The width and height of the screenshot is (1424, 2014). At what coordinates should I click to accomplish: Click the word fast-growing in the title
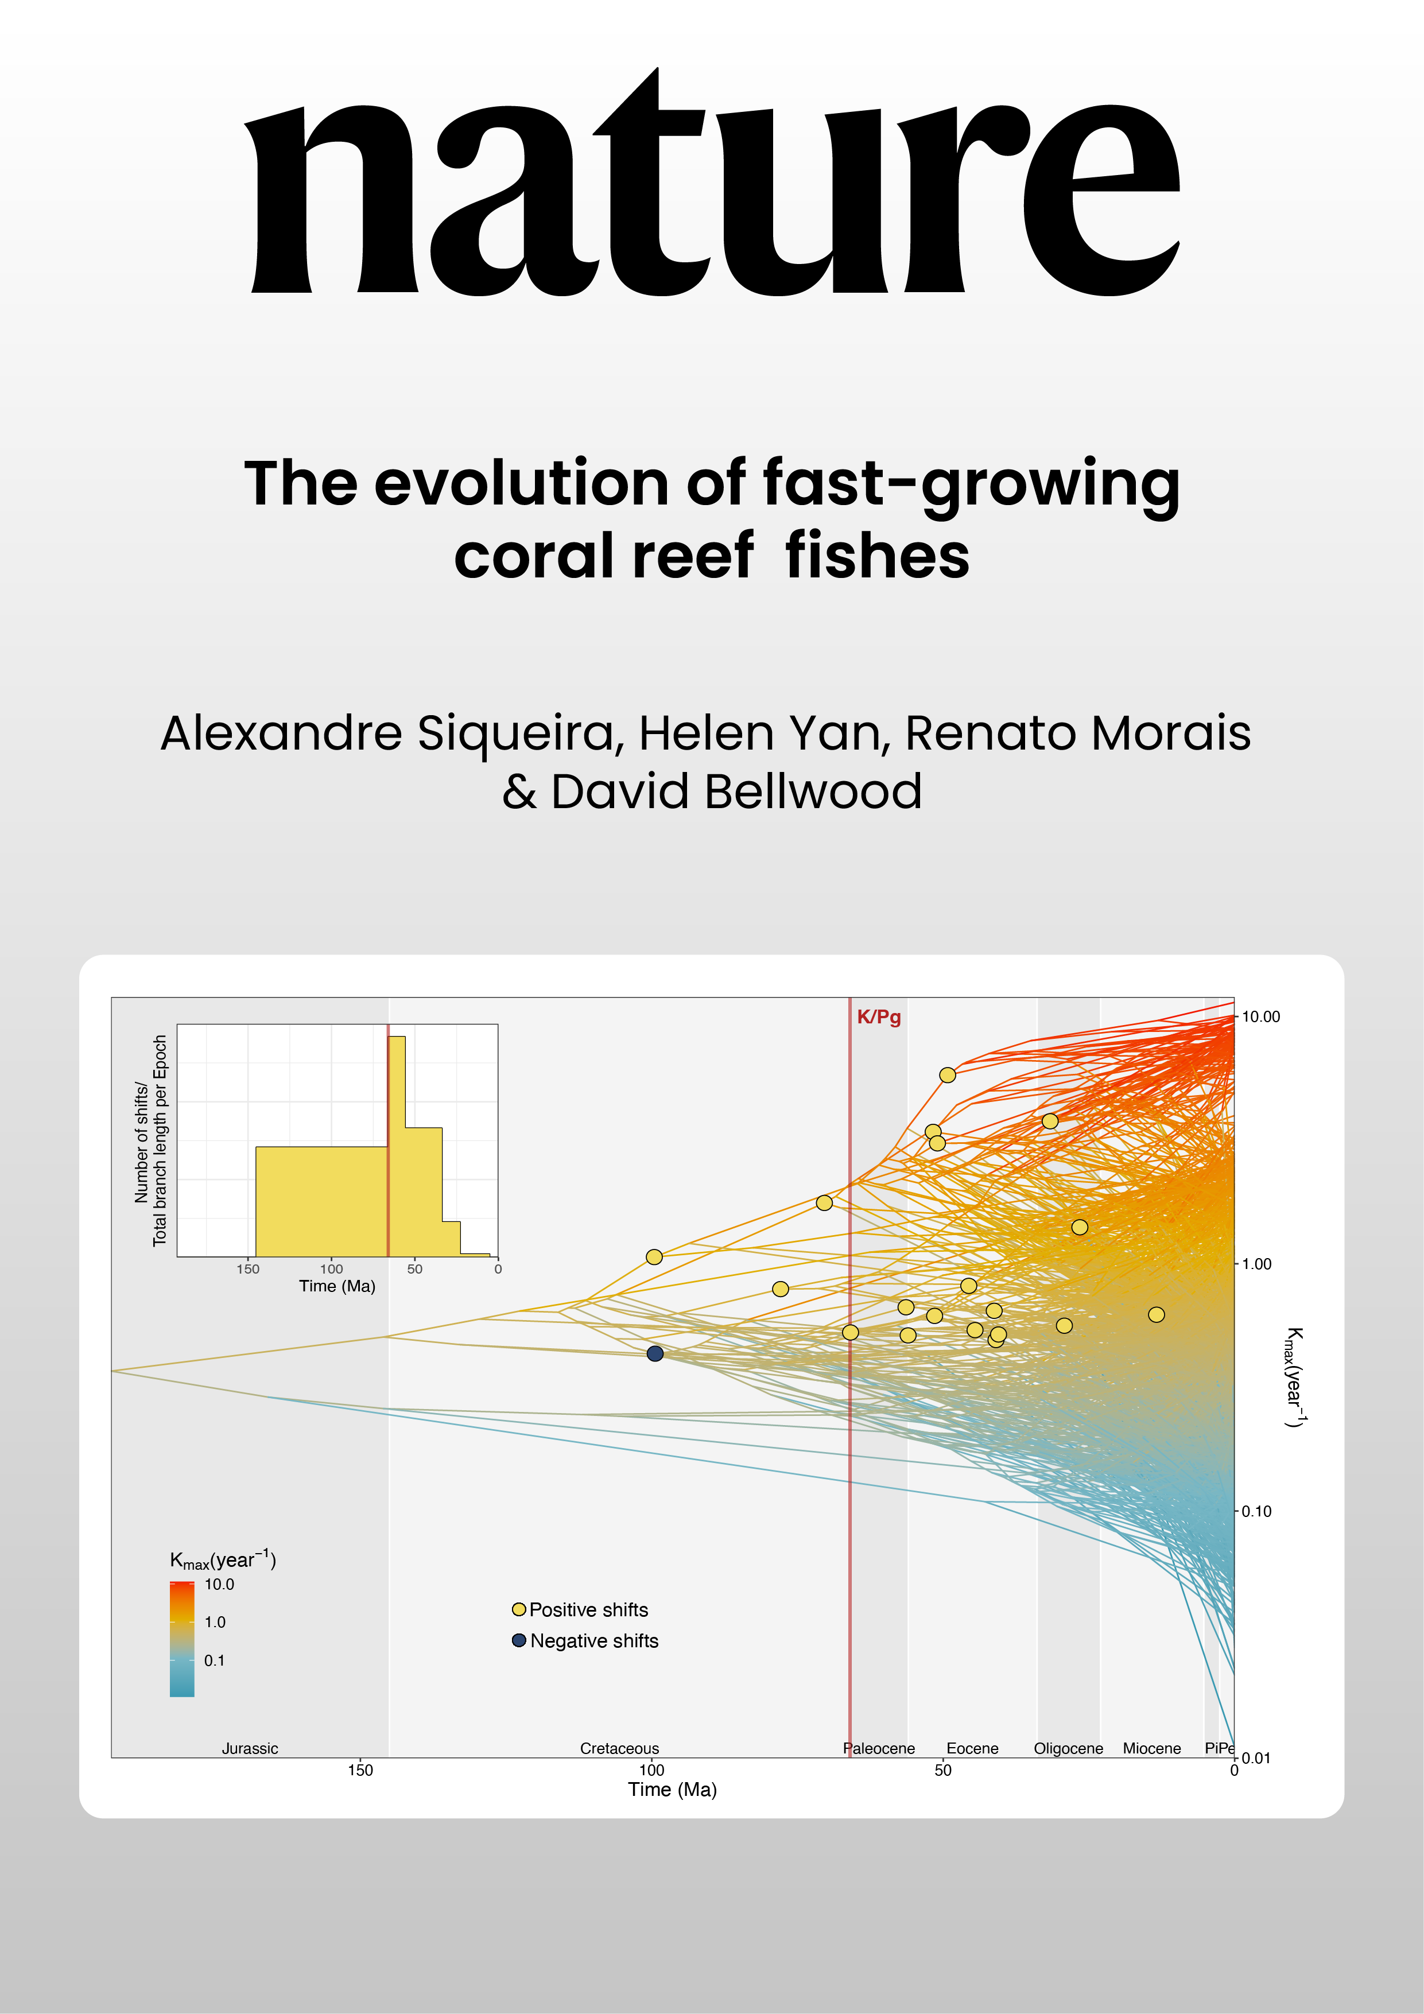coord(971,484)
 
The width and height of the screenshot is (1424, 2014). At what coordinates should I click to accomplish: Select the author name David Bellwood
coord(736,791)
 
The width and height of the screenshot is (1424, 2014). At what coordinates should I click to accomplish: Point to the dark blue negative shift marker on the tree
coord(654,1353)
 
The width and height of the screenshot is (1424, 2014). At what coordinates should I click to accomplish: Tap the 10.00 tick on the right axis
coord(1260,1016)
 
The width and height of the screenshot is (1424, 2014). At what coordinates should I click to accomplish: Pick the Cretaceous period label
coord(619,1748)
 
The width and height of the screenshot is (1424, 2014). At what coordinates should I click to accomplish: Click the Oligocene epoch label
coord(1068,1748)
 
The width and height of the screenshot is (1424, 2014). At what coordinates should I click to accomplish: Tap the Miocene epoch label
coord(1151,1748)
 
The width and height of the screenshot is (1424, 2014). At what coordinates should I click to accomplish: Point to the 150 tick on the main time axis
coord(360,1770)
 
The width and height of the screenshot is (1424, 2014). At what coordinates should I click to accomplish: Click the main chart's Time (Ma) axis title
coord(672,1790)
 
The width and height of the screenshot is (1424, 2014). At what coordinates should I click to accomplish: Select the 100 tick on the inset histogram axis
coord(331,1268)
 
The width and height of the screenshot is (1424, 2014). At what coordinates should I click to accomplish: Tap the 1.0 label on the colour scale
coord(215,1622)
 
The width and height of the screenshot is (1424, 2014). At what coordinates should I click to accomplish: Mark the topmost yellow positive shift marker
coord(946,1074)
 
